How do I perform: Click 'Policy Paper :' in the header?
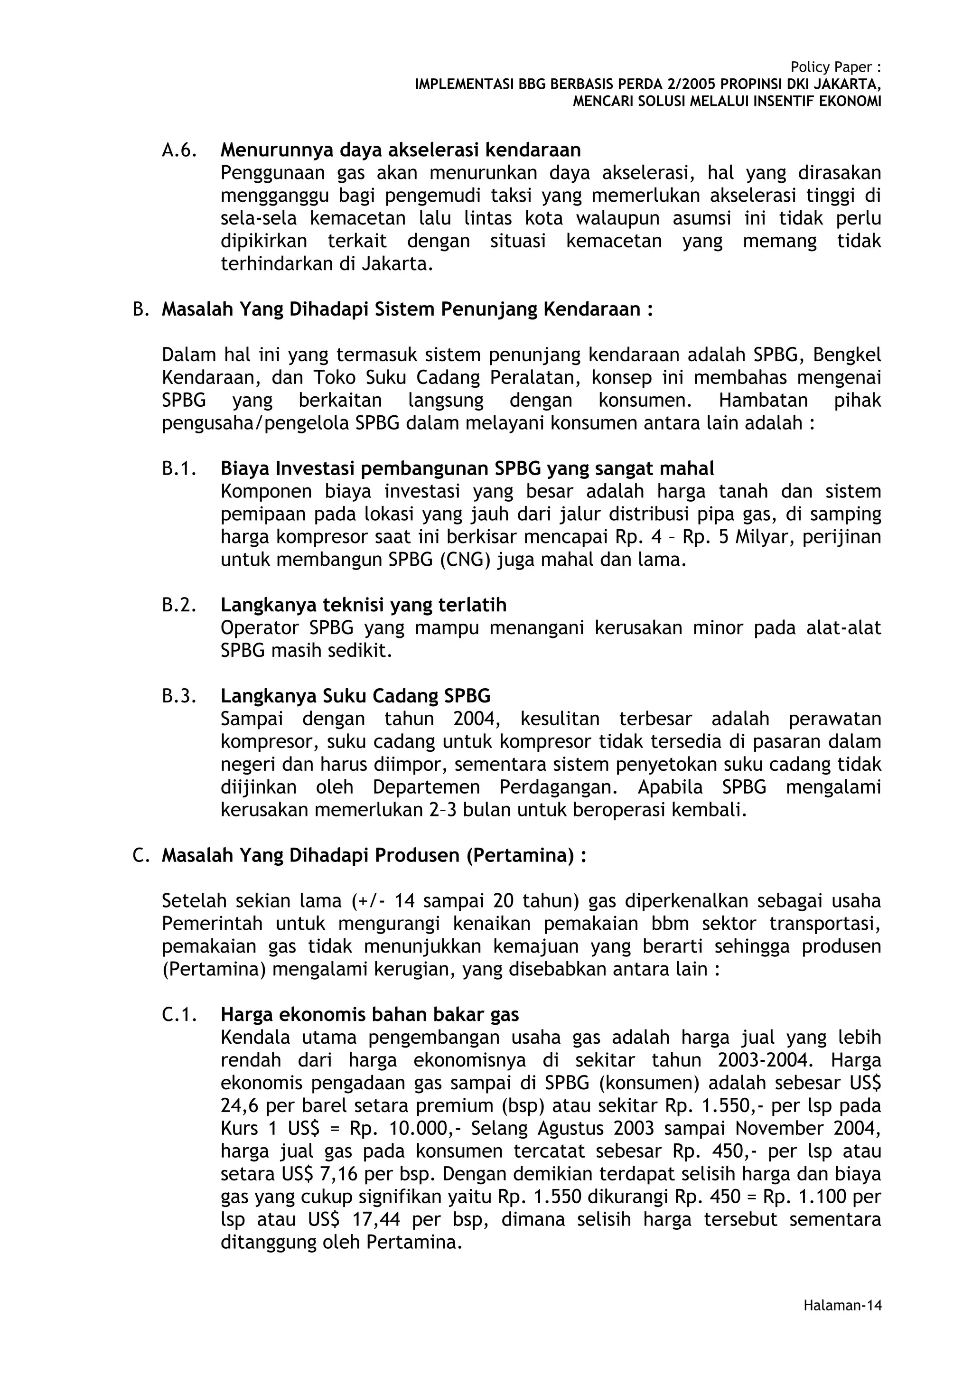click(x=835, y=67)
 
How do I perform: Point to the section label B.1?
click(x=179, y=468)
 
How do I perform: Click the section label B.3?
click(x=179, y=696)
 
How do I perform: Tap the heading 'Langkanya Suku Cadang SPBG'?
click(x=355, y=696)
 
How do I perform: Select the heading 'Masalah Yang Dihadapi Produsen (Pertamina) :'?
click(x=374, y=855)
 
